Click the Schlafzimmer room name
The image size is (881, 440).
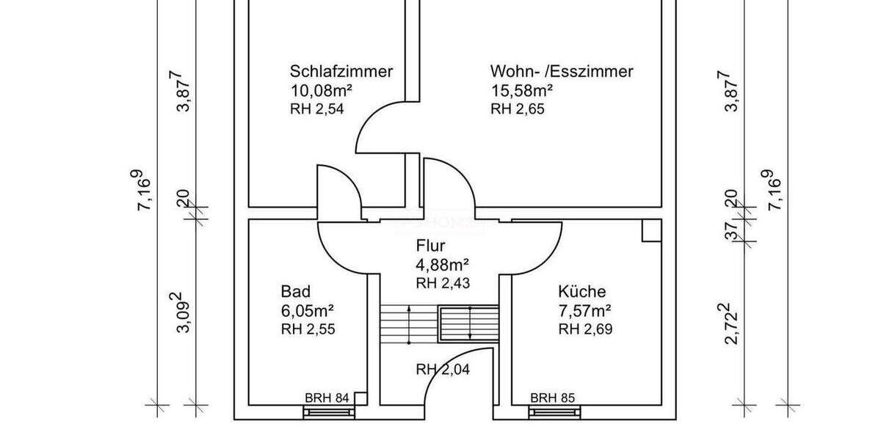click(341, 72)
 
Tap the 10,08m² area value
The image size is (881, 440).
click(322, 91)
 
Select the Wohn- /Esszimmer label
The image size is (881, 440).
click(562, 72)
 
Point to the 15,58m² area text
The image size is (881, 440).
click(521, 91)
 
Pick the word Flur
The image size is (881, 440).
click(431, 246)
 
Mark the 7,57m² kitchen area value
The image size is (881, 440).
click(586, 310)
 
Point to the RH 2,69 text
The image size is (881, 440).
click(585, 329)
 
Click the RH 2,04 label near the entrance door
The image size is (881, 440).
click(443, 369)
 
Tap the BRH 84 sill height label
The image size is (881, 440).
click(327, 398)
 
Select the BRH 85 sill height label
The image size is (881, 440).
click(553, 398)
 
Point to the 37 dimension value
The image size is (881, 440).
click(730, 232)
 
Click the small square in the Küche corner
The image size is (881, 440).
click(651, 230)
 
